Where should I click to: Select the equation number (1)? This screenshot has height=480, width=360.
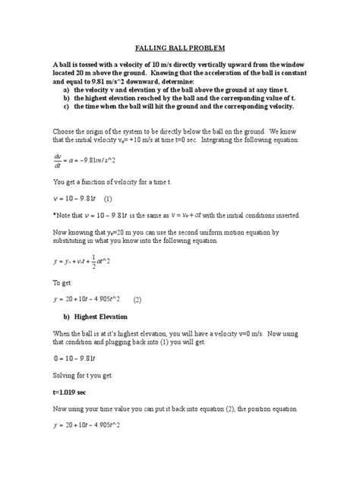coord(109,199)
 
